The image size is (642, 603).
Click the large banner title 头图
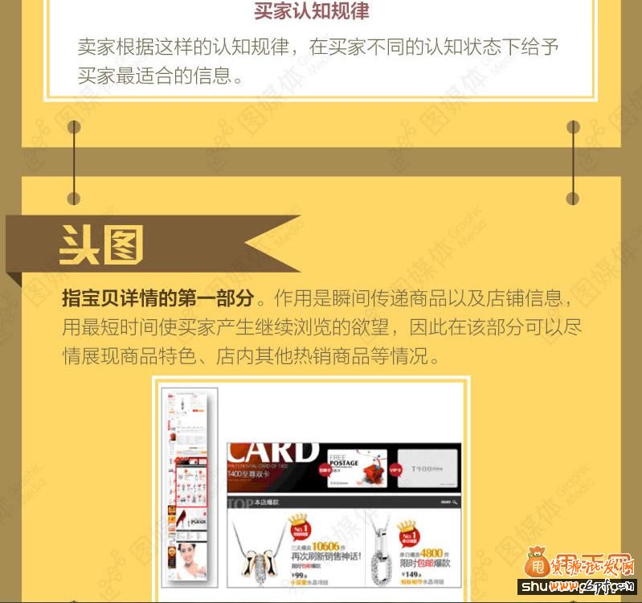pos(102,244)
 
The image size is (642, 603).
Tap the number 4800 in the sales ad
pos(431,553)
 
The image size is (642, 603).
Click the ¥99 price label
pos(299,576)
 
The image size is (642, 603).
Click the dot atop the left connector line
pos(74,127)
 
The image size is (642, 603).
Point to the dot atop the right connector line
pos(573,127)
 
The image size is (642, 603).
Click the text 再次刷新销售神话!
pos(325,556)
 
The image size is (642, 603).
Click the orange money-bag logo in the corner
pos(535,562)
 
